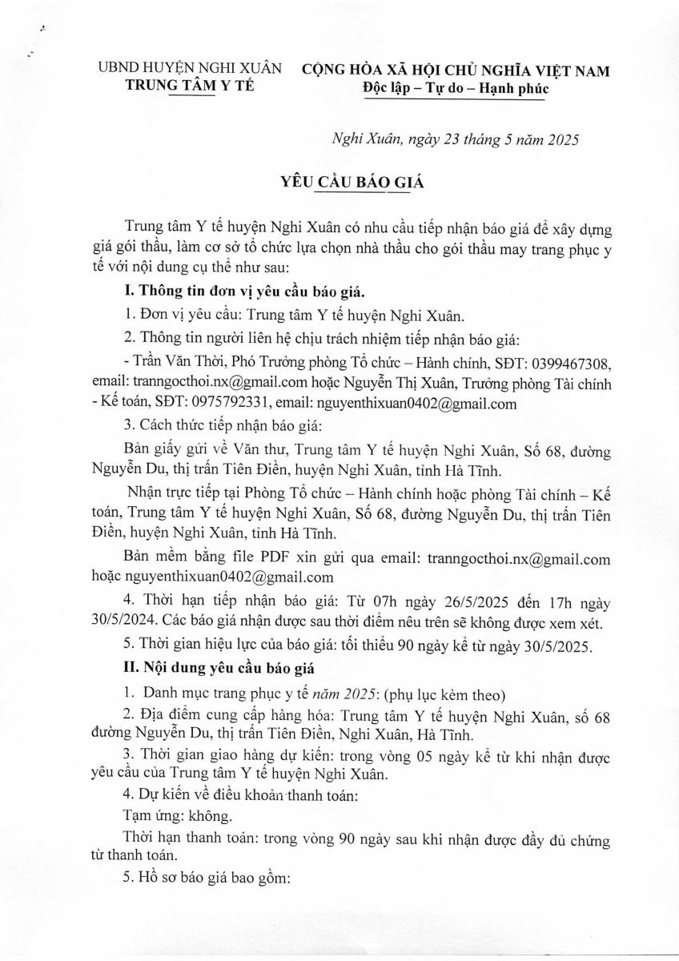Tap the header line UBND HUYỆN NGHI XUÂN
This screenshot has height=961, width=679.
pyautogui.click(x=189, y=69)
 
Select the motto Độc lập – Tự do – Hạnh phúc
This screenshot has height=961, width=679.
pyautogui.click(x=455, y=88)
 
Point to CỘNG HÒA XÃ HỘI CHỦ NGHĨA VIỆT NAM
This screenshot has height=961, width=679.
pyautogui.click(x=455, y=70)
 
